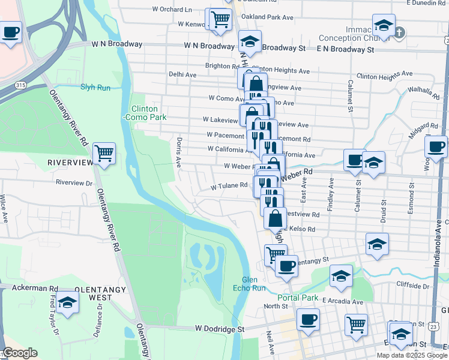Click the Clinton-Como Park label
pos(145,113)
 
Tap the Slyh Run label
pos(95,87)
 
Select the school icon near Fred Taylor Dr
pos(68,304)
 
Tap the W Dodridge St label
pos(220,329)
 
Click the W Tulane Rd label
pos(229,185)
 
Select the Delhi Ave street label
pos(182,74)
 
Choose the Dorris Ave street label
pos(178,152)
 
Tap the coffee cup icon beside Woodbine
pos(435,146)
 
